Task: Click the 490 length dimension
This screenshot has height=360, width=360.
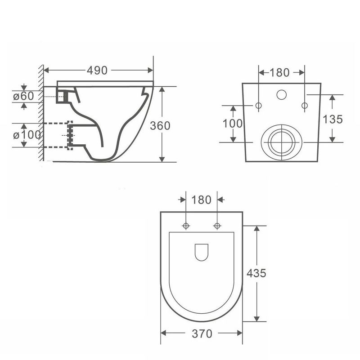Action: (x=97, y=70)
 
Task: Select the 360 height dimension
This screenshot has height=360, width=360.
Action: (x=160, y=125)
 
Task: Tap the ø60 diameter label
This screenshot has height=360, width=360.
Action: (x=23, y=96)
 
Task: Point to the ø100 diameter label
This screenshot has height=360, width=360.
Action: (x=27, y=135)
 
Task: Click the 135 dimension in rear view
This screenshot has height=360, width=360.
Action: (x=333, y=119)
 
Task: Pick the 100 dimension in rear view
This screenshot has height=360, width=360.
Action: (x=232, y=123)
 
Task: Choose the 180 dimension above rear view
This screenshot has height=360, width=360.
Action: (x=279, y=72)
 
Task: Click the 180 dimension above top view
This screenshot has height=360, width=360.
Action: (x=201, y=200)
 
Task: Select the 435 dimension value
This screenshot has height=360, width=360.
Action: (x=256, y=273)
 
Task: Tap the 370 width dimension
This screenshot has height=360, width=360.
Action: (x=202, y=333)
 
